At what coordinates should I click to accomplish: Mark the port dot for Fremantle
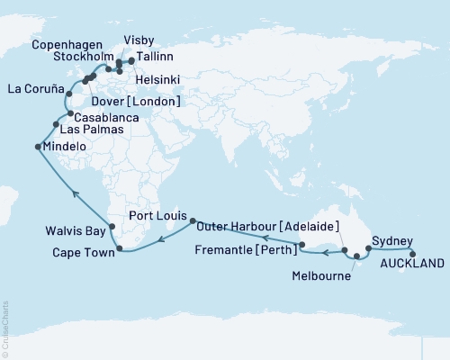pos(301,245)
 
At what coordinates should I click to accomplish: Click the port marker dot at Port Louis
pos(191,219)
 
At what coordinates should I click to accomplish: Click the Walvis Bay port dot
pos(111,228)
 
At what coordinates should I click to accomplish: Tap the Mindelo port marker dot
pos(38,147)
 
